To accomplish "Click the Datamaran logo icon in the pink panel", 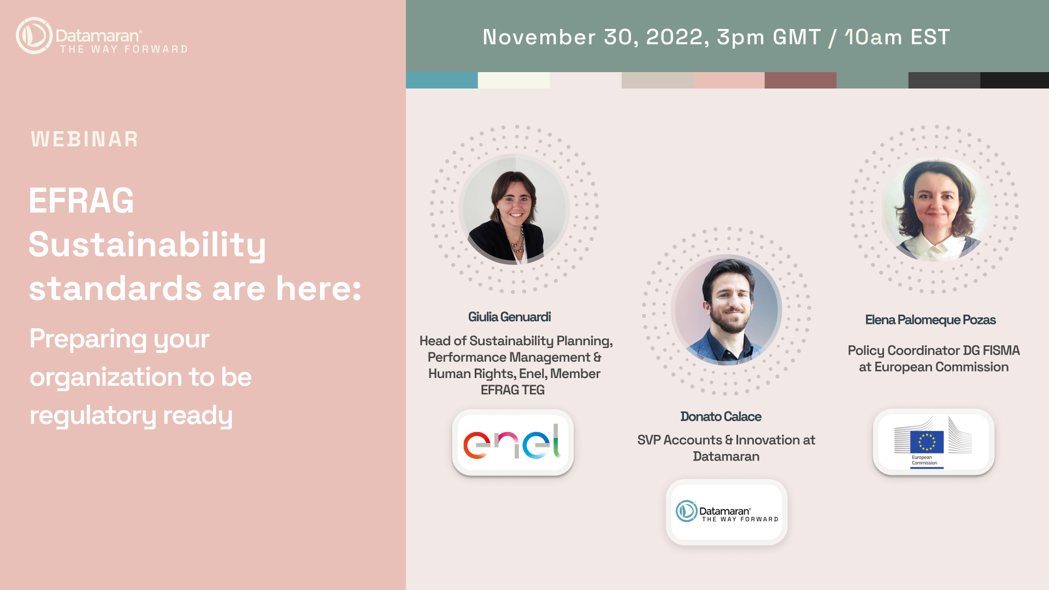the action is pos(34,36).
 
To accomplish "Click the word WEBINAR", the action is pos(85,139).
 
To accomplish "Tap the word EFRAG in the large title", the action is pos(81,200).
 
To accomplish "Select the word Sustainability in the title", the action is pos(148,245).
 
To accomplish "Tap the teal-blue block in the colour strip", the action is pos(441,80).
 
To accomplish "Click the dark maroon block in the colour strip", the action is pos(800,80).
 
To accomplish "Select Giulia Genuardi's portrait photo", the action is pos(514,209).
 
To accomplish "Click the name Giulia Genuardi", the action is pos(509,317).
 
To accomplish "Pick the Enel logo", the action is pos(513,442).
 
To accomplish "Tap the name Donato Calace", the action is pos(721,416).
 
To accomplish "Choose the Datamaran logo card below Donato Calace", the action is pos(727,512).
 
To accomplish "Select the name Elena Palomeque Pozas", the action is pos(930,320).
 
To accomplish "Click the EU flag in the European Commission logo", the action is pos(927,442).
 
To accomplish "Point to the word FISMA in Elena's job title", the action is pos(1001,350).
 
